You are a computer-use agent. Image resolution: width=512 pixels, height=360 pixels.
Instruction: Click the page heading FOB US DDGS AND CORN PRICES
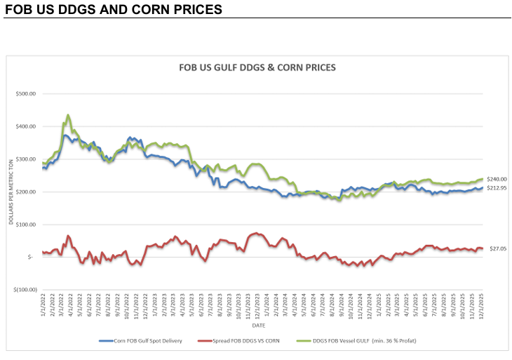[x=113, y=10]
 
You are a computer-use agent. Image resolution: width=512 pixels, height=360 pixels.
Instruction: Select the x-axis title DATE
[x=259, y=326]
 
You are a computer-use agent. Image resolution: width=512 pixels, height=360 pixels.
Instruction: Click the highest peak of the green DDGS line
[x=68, y=114]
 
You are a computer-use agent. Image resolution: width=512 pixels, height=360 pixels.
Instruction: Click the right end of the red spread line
[x=483, y=248]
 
